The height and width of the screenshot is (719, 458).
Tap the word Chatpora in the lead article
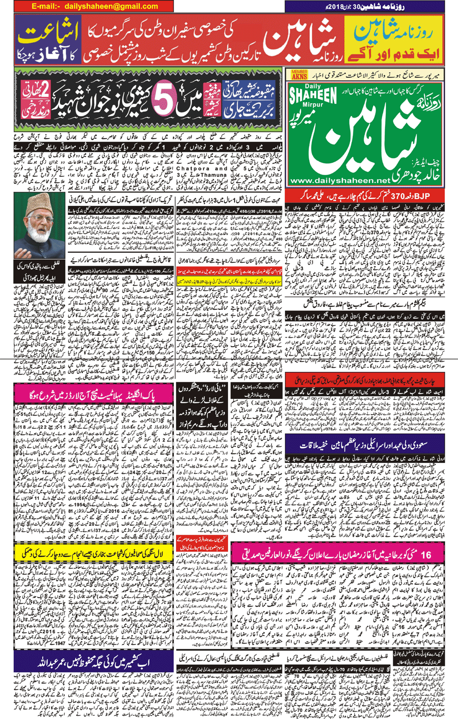[x=195, y=168]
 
